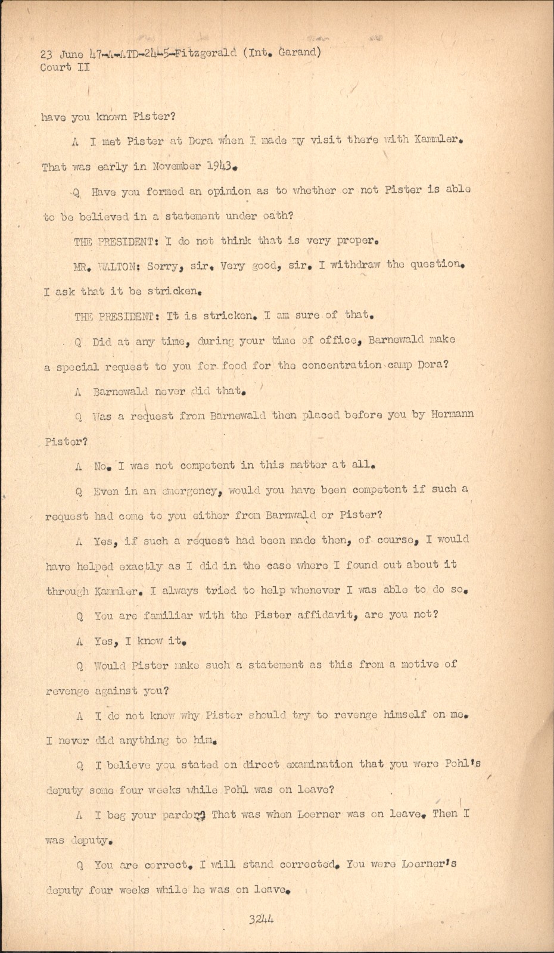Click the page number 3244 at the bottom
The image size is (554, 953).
(x=262, y=919)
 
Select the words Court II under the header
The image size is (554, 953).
(x=65, y=67)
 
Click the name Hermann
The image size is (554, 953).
(x=452, y=414)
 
